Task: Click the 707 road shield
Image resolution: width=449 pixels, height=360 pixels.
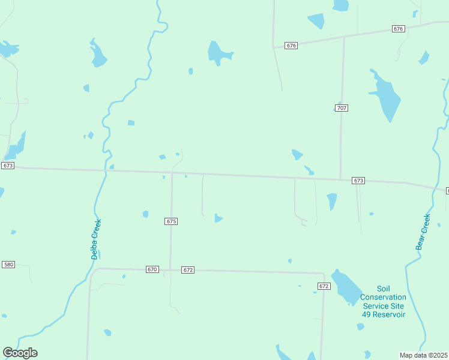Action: pyautogui.click(x=341, y=108)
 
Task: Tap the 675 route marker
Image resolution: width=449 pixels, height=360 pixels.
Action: pyautogui.click(x=171, y=221)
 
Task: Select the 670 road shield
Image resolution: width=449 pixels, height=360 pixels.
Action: pyautogui.click(x=152, y=270)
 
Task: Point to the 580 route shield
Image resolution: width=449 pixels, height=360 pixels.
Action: pyautogui.click(x=8, y=265)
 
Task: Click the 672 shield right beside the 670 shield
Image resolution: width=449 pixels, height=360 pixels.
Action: pyautogui.click(x=188, y=270)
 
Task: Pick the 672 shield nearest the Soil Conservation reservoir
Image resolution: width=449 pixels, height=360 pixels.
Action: pyautogui.click(x=324, y=286)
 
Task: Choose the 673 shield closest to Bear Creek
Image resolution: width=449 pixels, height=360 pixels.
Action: pyautogui.click(x=358, y=181)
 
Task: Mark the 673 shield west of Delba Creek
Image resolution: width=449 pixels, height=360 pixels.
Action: pyautogui.click(x=8, y=166)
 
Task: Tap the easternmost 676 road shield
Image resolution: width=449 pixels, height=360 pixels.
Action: pyautogui.click(x=399, y=29)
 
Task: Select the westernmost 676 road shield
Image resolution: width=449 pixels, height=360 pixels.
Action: pyautogui.click(x=291, y=46)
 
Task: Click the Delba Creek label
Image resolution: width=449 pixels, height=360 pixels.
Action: pyautogui.click(x=96, y=239)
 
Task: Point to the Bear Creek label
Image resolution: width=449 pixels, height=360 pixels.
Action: pyautogui.click(x=423, y=232)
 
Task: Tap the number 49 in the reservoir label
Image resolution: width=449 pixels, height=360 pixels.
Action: pyautogui.click(x=367, y=314)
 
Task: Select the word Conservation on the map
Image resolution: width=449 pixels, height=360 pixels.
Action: pyautogui.click(x=383, y=297)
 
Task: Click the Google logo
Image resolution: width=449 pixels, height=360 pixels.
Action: pyautogui.click(x=20, y=353)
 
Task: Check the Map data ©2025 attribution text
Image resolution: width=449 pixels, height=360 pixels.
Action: pyautogui.click(x=424, y=355)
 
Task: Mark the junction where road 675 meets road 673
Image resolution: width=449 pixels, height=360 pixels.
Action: pyautogui.click(x=172, y=173)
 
